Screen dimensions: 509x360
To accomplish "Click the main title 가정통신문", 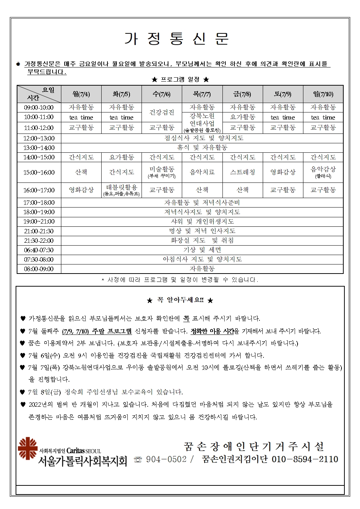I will (x=177, y=39).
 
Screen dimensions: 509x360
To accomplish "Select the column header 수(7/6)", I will (x=162, y=94).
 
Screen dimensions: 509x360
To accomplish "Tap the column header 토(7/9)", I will (x=283, y=94).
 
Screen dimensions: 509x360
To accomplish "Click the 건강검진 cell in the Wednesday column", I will (x=162, y=112).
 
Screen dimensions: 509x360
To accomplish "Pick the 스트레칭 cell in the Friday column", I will (x=242, y=172).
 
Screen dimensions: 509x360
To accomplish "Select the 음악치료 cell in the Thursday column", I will (x=202, y=172).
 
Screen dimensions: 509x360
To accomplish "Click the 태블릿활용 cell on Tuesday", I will (x=122, y=189).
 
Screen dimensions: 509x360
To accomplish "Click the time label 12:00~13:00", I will (x=39, y=138).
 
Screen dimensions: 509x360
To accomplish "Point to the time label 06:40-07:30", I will (x=39, y=250).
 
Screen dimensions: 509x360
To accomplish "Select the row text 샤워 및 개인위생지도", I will (x=202, y=221).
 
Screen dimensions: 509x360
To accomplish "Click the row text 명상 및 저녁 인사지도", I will (x=202, y=231).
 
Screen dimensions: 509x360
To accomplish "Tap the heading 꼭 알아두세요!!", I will (x=180, y=300).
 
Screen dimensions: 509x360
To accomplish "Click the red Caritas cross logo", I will (x=28, y=448).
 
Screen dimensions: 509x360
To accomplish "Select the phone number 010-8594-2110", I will (x=305, y=459).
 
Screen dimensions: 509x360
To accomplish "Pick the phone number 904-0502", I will (x=166, y=459).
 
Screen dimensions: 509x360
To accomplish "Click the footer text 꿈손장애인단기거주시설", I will (x=254, y=446).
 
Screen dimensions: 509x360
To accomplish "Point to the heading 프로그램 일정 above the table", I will (x=180, y=79).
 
